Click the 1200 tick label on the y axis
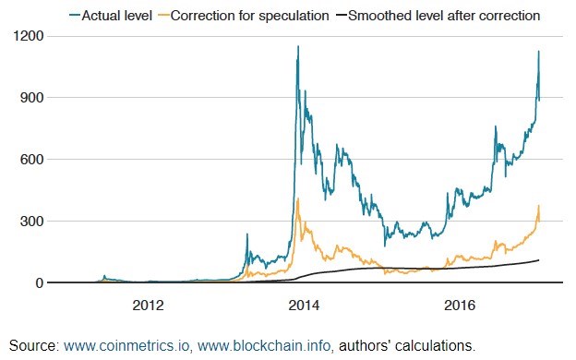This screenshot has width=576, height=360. coord(28,36)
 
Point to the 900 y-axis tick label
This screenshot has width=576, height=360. coord(31,98)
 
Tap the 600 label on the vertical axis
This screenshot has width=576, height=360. coord(31,160)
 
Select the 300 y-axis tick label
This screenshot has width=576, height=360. coord(31,222)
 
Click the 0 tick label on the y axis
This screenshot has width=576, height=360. coord(40,282)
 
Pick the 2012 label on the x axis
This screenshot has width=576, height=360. coord(148,306)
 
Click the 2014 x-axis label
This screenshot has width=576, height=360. coord(304,306)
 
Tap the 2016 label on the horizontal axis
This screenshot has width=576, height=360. coord(460,306)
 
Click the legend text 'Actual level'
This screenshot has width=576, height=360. coord(117,16)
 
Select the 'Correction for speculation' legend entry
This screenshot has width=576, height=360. coord(250,16)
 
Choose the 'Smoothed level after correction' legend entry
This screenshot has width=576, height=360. coord(444,16)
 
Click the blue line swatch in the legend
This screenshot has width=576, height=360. coord(75,16)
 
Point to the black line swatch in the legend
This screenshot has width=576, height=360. coord(342,16)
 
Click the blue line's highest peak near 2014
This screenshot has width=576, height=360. coord(298,46)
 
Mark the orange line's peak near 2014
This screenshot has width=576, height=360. coord(297,198)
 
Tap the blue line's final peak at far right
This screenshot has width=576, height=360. coord(538,51)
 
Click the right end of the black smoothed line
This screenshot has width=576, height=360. coord(538,260)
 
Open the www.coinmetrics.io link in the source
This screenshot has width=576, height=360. coord(127,345)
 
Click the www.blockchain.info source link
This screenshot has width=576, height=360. coord(265,345)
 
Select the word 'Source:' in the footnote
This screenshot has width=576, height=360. coord(34,345)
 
